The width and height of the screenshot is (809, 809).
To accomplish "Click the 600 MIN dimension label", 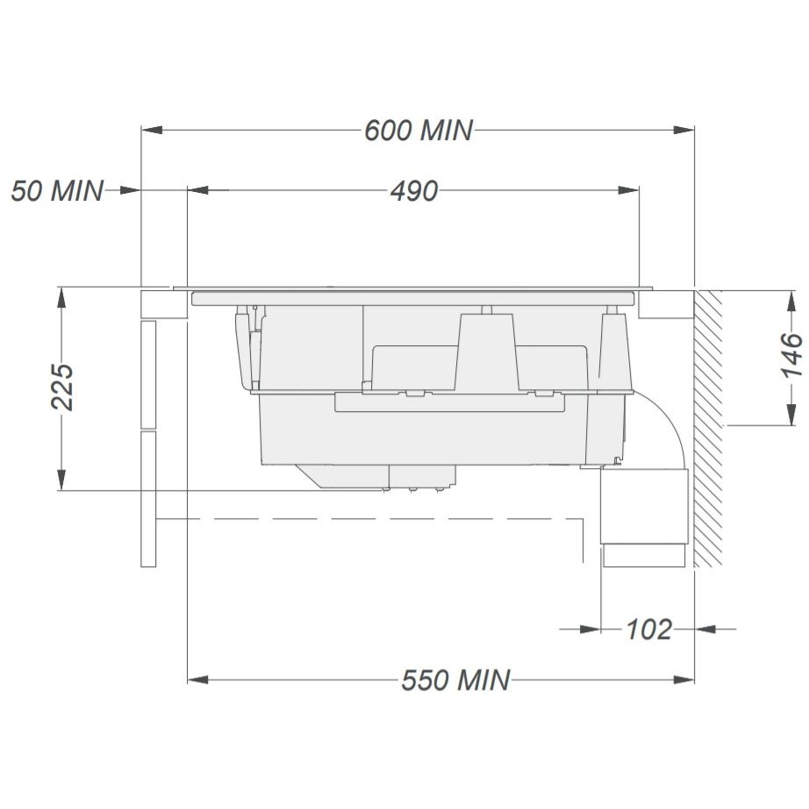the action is [419, 130].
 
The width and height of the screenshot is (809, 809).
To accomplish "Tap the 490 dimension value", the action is [414, 191].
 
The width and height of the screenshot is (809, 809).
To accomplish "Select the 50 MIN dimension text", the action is [57, 190].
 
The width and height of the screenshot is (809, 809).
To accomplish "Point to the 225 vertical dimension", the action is [62, 387].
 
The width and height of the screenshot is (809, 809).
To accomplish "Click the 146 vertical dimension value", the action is [791, 355].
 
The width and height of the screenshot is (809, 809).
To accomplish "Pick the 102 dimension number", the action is [648, 629].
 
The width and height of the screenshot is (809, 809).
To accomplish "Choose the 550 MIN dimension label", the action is [455, 679].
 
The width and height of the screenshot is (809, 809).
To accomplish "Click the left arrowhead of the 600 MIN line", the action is [152, 130].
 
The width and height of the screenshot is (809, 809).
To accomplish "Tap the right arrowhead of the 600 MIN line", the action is [684, 130].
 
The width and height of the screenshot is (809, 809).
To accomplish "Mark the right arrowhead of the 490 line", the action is [629, 190].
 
